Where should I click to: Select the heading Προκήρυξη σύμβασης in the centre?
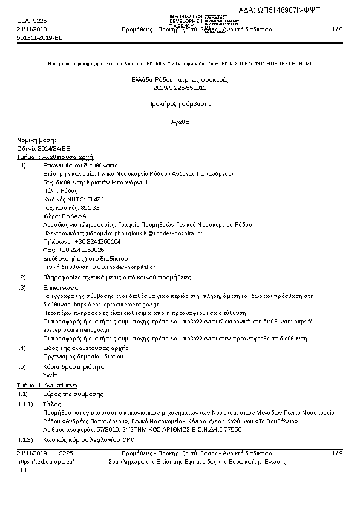(180, 104)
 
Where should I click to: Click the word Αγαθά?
(180, 122)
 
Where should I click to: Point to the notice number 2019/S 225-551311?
(180, 88)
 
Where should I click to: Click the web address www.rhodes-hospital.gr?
(123, 267)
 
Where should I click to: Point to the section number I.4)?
(22, 348)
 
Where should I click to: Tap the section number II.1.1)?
(25, 403)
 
